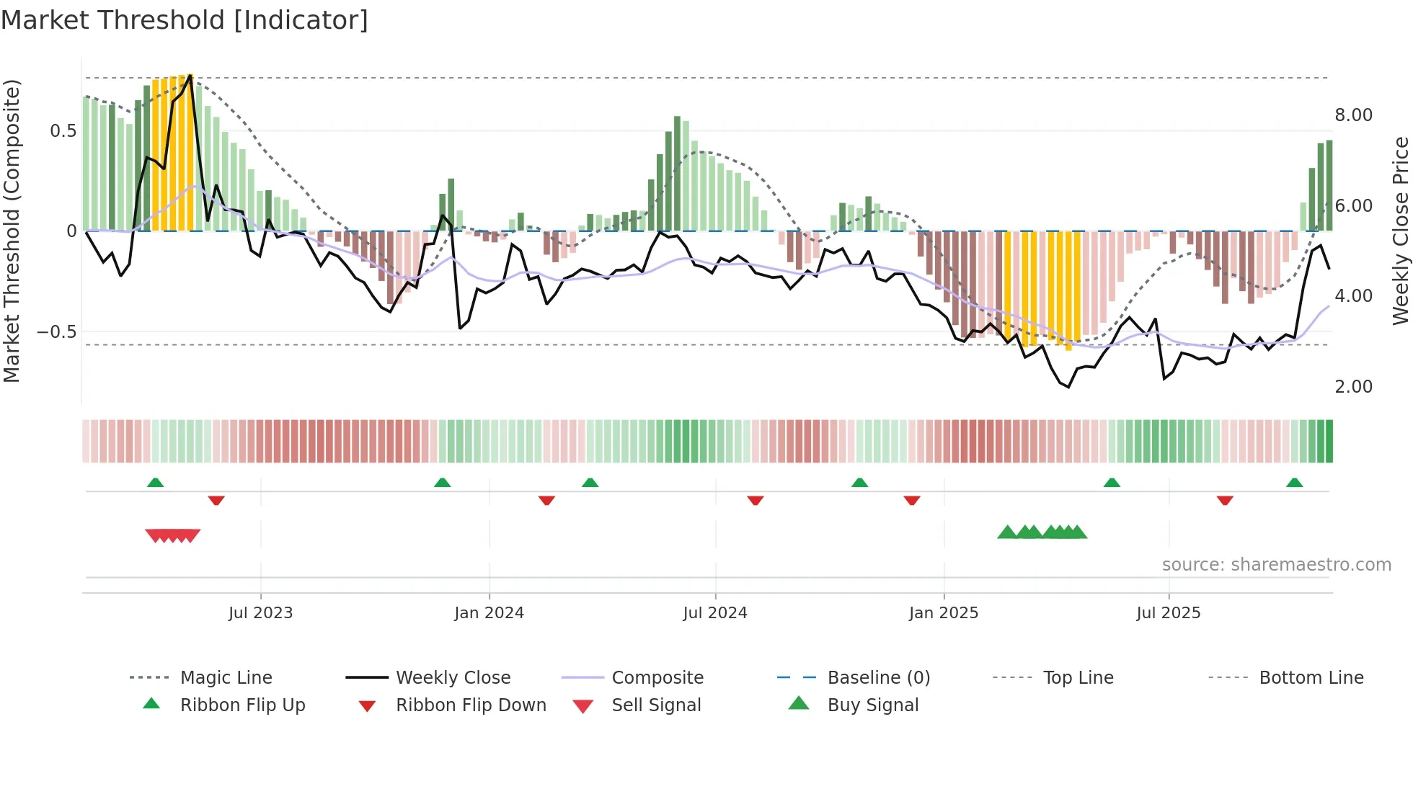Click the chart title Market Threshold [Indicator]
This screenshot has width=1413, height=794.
point(185,20)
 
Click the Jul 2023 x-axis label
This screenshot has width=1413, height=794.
point(260,613)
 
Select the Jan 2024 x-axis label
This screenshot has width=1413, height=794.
point(489,613)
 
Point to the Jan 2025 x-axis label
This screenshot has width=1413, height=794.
point(943,613)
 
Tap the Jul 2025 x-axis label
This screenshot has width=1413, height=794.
point(1168,613)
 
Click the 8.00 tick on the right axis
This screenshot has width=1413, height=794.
point(1353,115)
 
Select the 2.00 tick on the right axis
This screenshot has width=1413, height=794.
point(1353,387)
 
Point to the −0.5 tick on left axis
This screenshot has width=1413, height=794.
point(56,332)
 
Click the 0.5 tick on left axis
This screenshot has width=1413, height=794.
point(63,131)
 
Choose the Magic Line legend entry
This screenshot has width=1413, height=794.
point(226,678)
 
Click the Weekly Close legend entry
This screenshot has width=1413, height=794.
point(453,678)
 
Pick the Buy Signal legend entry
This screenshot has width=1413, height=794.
point(872,705)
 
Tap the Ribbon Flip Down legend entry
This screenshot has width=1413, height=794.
point(471,705)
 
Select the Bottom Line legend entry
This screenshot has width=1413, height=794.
point(1311,678)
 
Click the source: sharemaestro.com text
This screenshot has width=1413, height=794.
point(1276,565)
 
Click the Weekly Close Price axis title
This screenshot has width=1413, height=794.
point(1400,231)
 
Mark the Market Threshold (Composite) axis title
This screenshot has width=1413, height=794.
point(12,231)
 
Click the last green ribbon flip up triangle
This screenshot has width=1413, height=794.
point(1294,483)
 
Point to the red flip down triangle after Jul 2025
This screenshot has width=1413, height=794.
point(1225,500)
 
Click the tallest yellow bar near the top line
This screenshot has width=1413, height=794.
point(190,151)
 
